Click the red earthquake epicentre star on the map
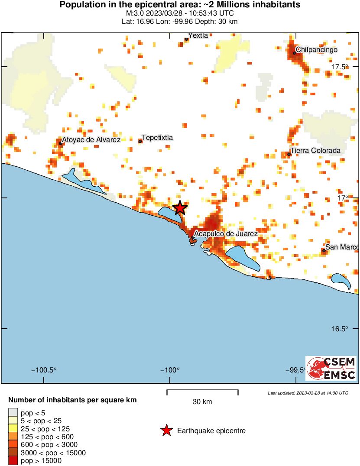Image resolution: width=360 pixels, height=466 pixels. [x=180, y=208]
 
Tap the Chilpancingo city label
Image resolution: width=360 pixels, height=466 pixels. [x=316, y=50]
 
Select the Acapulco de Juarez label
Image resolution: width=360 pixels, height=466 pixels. [x=226, y=233]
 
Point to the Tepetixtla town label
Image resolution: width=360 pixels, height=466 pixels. [x=157, y=138]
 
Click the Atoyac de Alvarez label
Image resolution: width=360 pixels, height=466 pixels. [x=91, y=139]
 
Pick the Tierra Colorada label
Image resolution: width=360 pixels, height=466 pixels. [x=315, y=151]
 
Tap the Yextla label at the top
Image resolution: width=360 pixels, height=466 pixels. [x=198, y=36]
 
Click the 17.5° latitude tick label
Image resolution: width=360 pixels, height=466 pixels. [x=340, y=67]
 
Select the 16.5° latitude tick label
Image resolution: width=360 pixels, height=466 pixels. [x=340, y=329]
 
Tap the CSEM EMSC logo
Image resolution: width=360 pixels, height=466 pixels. [x=331, y=369]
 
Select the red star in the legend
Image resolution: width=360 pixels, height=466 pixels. [x=166, y=430]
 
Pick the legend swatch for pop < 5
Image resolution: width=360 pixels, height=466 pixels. [x=13, y=413]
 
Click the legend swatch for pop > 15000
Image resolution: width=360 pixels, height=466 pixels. [x=13, y=461]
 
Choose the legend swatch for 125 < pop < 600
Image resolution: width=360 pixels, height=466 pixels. [x=13, y=437]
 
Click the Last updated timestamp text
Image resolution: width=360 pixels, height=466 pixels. [x=308, y=393]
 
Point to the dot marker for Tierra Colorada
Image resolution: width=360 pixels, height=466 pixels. [x=289, y=154]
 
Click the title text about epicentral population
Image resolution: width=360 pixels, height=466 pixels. [x=179, y=5]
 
